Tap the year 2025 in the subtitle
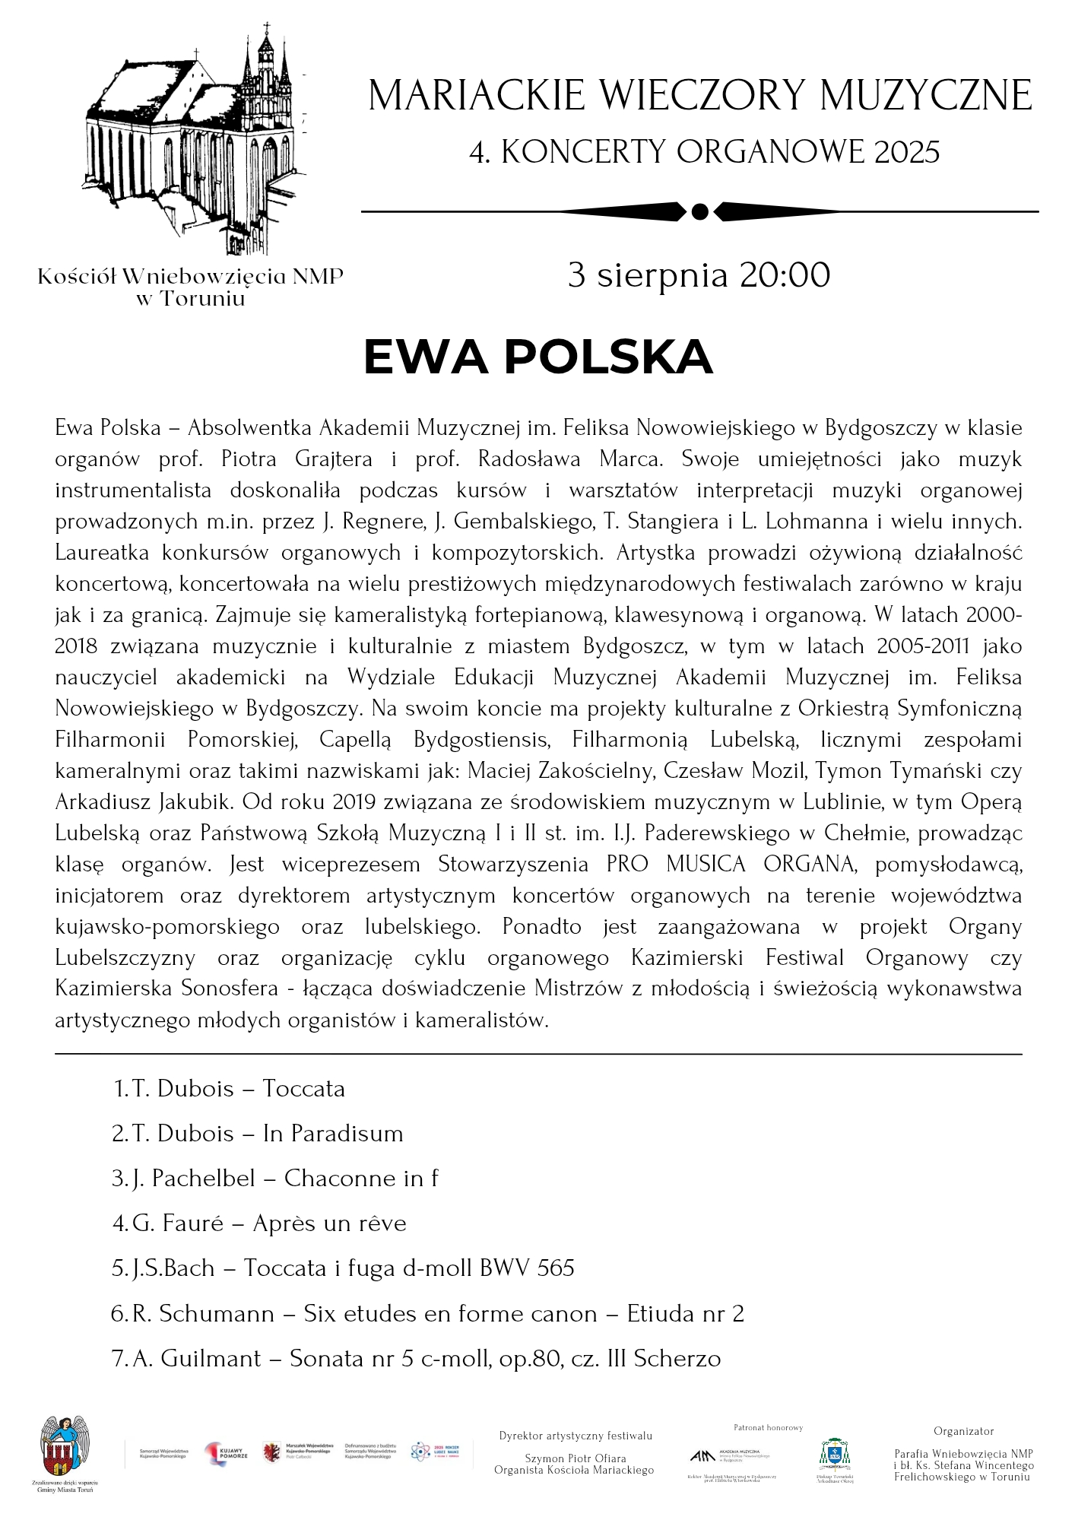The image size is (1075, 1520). tap(907, 152)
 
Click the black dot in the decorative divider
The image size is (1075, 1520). tap(700, 211)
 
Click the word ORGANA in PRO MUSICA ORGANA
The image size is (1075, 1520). tap(809, 865)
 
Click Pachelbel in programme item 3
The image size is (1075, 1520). tap(203, 1179)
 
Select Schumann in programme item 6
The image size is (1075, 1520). tap(217, 1314)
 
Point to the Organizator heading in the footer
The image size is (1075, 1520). tap(963, 1431)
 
